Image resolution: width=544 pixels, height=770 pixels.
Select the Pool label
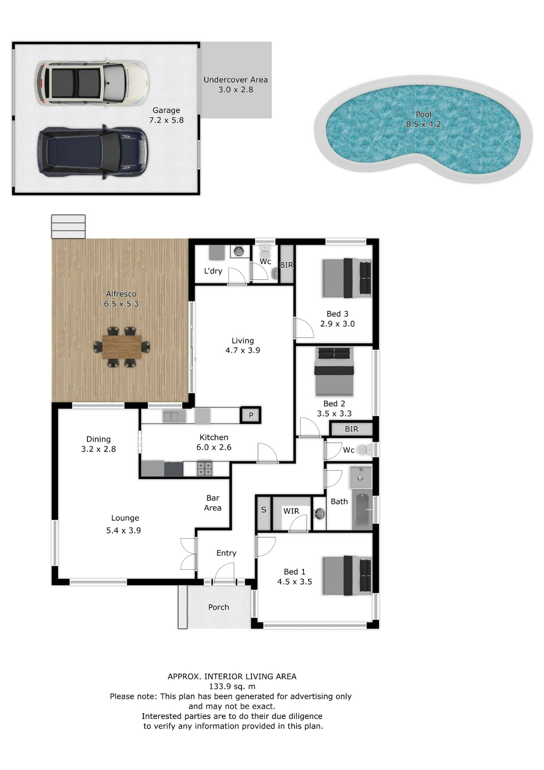[423, 114]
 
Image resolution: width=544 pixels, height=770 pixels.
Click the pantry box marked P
[251, 415]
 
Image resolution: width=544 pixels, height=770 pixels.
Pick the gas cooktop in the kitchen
[204, 469]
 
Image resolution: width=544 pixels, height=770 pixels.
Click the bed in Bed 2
[334, 372]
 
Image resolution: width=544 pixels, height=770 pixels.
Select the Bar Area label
[213, 503]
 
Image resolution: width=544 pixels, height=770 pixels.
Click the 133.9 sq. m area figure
[232, 687]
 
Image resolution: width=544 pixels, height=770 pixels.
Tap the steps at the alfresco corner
[68, 226]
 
